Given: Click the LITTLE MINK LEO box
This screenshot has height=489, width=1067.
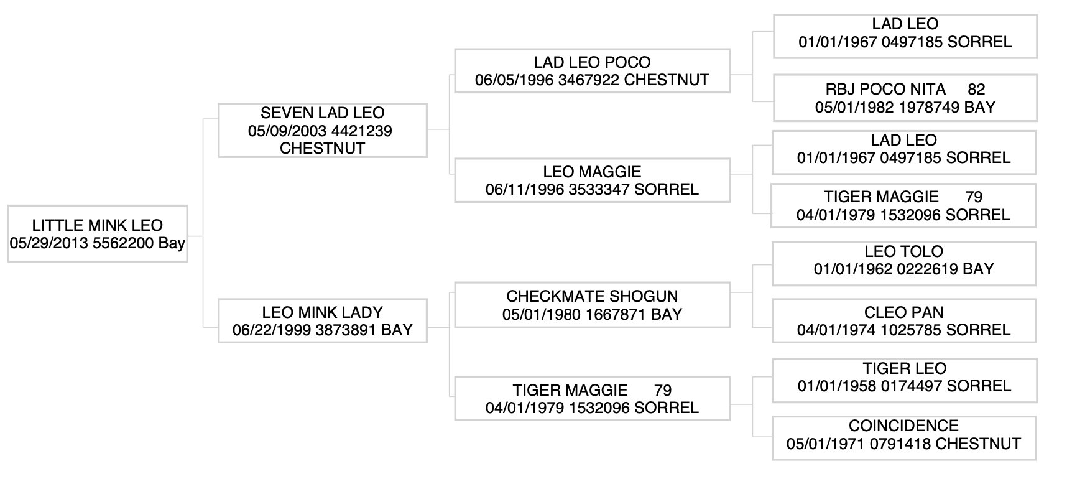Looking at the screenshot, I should pos(98,234).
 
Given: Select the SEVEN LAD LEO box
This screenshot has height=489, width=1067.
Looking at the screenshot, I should pos(322,130).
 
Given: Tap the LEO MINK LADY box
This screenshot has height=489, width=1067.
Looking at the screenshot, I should pos(322,320).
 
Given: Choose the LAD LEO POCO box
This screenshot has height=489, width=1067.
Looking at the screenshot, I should pos(592,71).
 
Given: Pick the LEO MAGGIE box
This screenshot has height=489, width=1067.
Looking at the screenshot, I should pos(592,180).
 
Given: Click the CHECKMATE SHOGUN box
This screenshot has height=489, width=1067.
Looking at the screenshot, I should pos(592,305).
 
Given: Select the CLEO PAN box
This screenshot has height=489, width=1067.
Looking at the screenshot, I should pos(903,320).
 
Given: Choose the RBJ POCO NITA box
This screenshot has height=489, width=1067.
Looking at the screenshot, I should pos(905,98).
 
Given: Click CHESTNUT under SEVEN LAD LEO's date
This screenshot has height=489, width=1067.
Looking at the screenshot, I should pos(322,148).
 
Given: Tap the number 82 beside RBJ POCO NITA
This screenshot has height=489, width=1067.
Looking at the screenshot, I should pos(976,90).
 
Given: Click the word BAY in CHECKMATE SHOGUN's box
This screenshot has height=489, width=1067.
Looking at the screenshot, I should pos(667,315).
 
